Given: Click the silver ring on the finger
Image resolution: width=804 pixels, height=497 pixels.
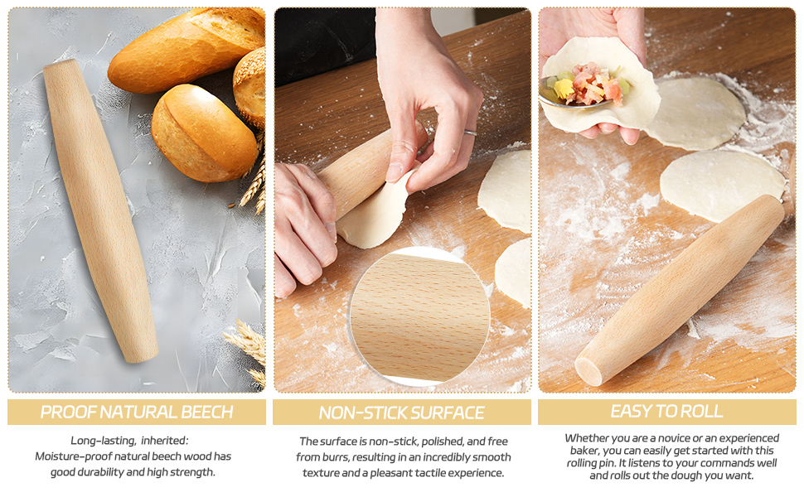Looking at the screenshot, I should click(470, 133).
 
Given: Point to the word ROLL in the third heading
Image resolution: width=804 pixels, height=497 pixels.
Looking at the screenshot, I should click(700, 411).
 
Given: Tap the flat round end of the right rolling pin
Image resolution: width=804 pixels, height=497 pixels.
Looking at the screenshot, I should click(588, 370).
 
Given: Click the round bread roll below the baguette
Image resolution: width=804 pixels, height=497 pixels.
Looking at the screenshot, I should click(204, 133).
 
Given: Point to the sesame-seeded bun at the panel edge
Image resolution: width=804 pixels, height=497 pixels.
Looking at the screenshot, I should click(251, 87).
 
